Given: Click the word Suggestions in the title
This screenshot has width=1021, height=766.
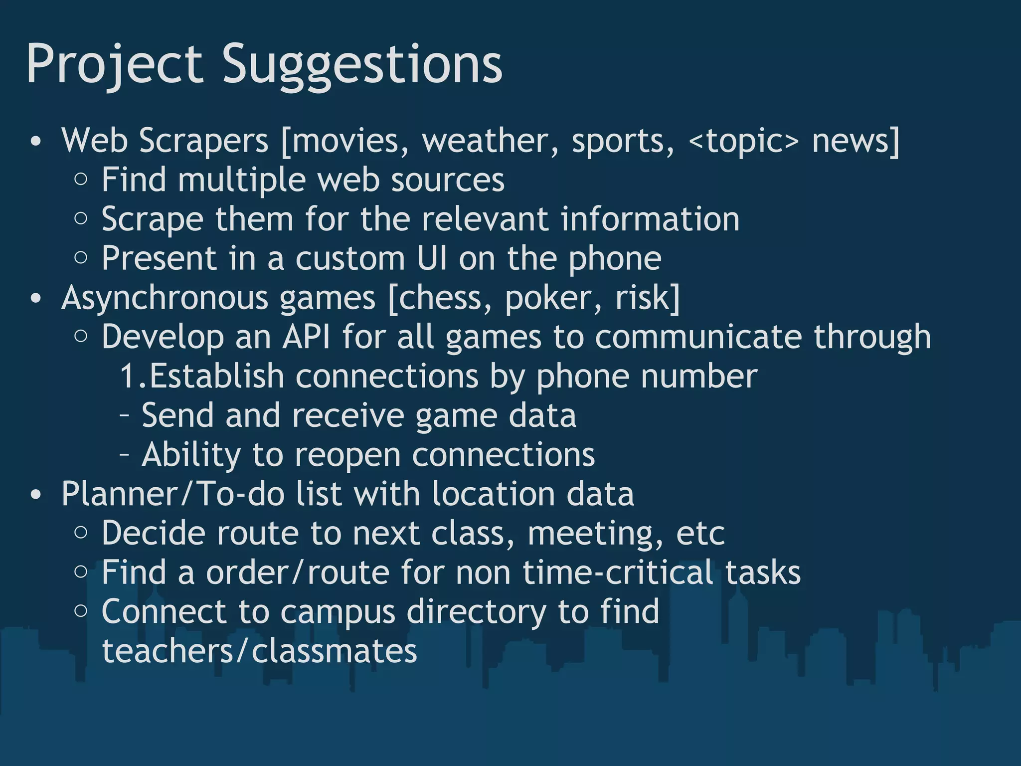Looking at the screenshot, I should [x=362, y=64].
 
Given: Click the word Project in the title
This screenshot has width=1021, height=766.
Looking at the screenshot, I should [x=115, y=64].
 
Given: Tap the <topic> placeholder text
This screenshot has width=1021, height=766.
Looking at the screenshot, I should [x=743, y=141].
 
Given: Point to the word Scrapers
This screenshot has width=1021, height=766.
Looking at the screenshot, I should [x=203, y=141].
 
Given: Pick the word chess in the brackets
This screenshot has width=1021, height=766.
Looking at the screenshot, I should [x=446, y=298].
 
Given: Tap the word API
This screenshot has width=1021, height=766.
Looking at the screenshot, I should [x=306, y=337].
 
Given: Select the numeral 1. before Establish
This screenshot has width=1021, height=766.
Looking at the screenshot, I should [x=133, y=376].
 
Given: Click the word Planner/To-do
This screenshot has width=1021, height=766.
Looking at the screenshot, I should [x=173, y=494].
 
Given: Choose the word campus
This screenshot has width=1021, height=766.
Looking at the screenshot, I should [x=338, y=612].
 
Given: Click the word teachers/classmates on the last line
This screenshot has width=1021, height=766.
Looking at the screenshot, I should [x=259, y=651].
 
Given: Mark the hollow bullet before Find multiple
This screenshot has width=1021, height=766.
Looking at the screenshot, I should [x=81, y=180].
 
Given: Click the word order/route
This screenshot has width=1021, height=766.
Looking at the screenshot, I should [x=298, y=573].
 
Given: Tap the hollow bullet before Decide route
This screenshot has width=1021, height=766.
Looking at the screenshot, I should [x=81, y=533].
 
